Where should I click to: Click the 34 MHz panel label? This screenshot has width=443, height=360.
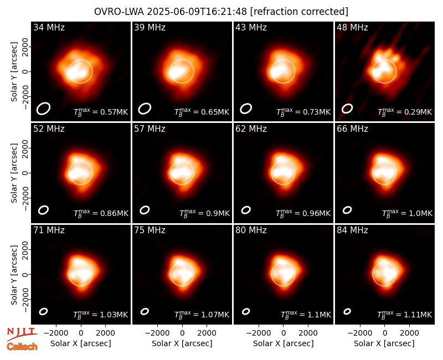(x=49, y=27)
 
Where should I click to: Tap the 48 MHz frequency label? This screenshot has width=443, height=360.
(x=352, y=27)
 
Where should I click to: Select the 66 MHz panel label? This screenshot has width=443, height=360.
(x=352, y=129)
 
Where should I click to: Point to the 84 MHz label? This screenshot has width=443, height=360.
(x=352, y=230)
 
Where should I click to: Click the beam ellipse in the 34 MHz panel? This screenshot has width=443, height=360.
(x=43, y=109)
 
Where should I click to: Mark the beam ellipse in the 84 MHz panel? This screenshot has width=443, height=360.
(x=347, y=311)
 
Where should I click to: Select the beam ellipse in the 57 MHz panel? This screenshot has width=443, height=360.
(x=145, y=210)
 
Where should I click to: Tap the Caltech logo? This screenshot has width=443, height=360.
(x=22, y=347)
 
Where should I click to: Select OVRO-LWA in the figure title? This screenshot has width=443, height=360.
(x=119, y=12)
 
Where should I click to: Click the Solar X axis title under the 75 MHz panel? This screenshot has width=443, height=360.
(x=182, y=343)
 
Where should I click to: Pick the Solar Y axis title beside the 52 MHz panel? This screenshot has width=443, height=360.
(x=14, y=173)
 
